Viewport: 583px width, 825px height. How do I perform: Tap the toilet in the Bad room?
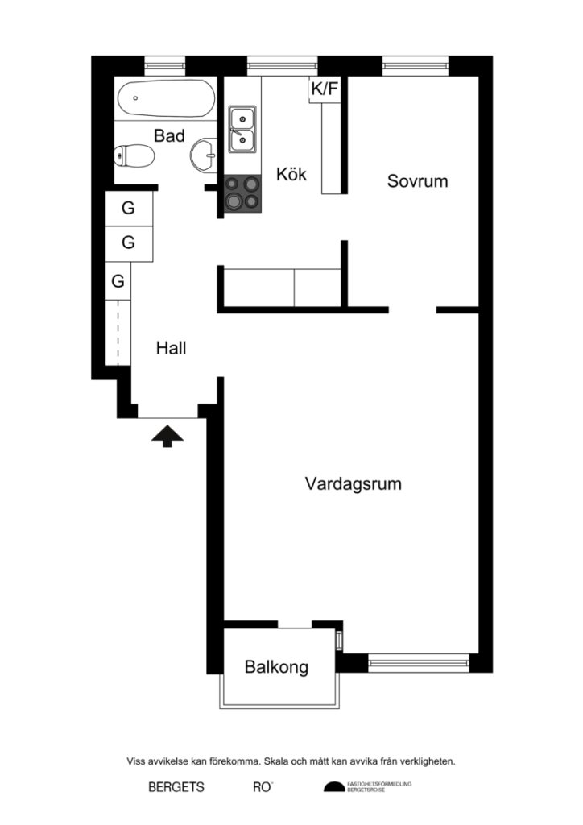134,155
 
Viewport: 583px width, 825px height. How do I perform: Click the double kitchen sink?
242,130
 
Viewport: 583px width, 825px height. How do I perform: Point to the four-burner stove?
242,193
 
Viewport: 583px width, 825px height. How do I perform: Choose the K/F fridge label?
325,89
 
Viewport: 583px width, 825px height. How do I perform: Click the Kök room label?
291,174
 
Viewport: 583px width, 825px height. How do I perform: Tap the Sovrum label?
417,181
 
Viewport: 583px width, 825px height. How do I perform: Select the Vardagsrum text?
353,484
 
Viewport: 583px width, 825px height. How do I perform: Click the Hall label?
171,348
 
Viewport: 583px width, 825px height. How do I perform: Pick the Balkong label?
276,667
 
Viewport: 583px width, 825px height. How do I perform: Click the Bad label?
169,135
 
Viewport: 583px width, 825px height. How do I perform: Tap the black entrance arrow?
167,435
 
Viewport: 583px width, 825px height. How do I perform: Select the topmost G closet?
129,209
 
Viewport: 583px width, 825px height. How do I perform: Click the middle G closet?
129,243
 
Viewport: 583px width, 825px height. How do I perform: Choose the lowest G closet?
118,281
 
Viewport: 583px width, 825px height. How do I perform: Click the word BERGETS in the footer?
176,787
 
